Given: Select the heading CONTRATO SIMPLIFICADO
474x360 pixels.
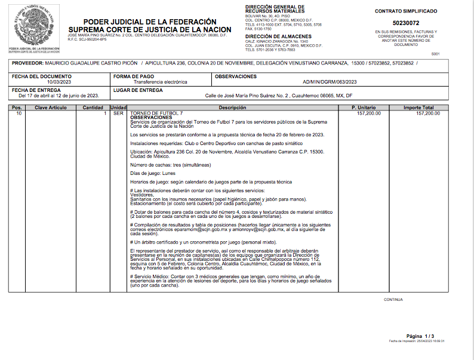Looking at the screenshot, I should pyautogui.click(x=405, y=11).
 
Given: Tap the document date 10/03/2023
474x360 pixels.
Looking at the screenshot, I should pyautogui.click(x=59, y=82).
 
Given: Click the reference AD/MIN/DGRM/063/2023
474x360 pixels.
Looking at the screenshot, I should pyautogui.click(x=330, y=82).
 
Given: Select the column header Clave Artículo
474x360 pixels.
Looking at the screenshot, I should pyautogui.click(x=51, y=107).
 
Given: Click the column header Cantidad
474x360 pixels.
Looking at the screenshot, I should pyautogui.click(x=93, y=107).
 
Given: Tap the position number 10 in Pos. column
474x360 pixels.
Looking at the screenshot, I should pyautogui.click(x=19, y=113).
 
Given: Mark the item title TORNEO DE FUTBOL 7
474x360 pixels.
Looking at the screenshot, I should pyautogui.click(x=156, y=113).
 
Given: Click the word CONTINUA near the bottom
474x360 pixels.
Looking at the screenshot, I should pyautogui.click(x=393, y=299).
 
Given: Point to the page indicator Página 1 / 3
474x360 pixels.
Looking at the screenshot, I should pyautogui.click(x=420, y=336).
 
